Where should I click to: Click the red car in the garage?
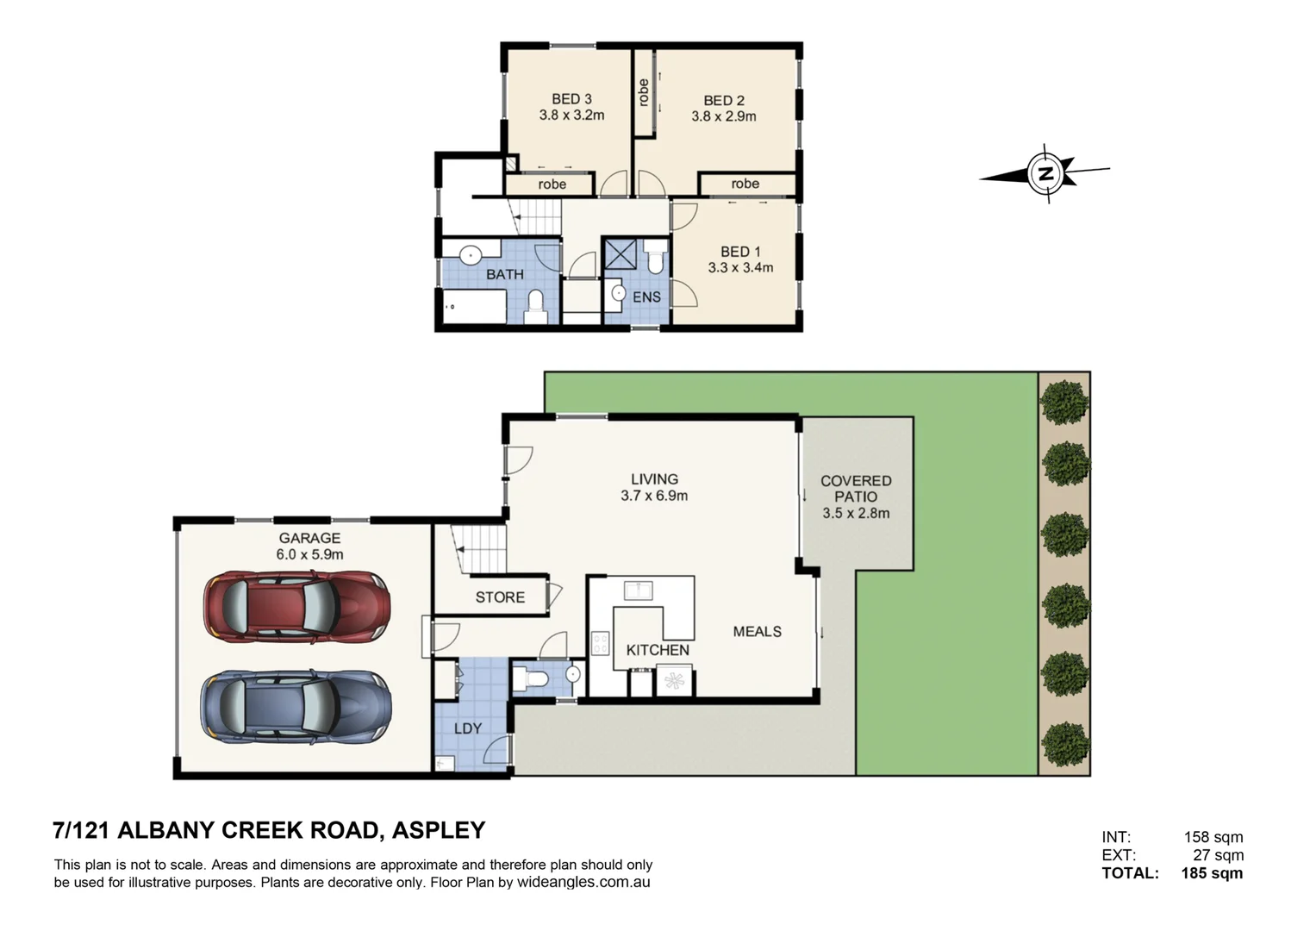coord(296,606)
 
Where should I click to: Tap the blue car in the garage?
coord(296,706)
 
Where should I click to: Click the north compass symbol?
coord(1045,173)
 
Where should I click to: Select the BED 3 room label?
coord(571,99)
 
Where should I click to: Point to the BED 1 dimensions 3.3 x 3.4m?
coord(740,267)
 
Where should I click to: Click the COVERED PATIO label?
coord(856,489)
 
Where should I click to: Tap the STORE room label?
coord(500,597)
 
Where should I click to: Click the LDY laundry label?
coord(468,728)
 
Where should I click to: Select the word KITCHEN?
coord(658,650)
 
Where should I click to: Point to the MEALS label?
coord(758,631)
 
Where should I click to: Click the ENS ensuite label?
coord(646,297)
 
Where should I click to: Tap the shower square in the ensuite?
coord(621,254)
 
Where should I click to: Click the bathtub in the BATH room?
coord(473,306)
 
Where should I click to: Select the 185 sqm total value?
coord(1212,872)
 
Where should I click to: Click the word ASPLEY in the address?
coord(439,830)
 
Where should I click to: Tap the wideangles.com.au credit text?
coord(583,882)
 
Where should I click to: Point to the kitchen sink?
coord(638,590)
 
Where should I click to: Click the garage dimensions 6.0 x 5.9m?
coord(309,554)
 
